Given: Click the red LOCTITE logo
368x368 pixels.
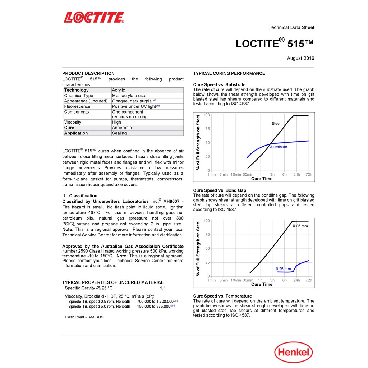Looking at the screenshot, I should [x=94, y=18].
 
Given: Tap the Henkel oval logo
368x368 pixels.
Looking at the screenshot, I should [x=293, y=352].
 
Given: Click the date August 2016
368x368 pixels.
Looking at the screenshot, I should [x=300, y=58].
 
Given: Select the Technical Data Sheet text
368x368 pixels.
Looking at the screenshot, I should [x=291, y=27].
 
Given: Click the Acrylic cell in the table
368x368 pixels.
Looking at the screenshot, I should [x=119, y=90].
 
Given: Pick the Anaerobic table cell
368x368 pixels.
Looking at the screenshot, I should [x=122, y=128].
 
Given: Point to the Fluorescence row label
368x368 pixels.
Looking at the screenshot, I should [x=77, y=106].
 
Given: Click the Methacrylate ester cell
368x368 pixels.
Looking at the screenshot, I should [x=130, y=96].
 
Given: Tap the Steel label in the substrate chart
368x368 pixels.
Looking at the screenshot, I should [x=276, y=124].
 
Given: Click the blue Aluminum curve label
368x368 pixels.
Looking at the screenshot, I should [x=279, y=147].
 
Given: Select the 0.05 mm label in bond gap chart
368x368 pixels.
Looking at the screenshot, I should [x=300, y=226].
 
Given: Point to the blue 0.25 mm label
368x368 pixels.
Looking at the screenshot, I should [x=283, y=269].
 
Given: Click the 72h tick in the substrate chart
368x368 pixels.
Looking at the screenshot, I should [x=309, y=175].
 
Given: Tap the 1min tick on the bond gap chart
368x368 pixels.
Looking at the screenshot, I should [x=212, y=280].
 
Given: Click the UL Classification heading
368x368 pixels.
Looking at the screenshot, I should [x=80, y=196].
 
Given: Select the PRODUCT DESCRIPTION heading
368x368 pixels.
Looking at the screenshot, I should [x=88, y=73].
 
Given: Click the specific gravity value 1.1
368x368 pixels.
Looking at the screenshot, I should [x=163, y=288].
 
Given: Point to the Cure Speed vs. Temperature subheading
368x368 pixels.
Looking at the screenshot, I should [x=222, y=296].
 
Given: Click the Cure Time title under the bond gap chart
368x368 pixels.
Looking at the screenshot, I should [x=262, y=284].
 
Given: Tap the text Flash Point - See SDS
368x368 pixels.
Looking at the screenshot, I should [x=84, y=317].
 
